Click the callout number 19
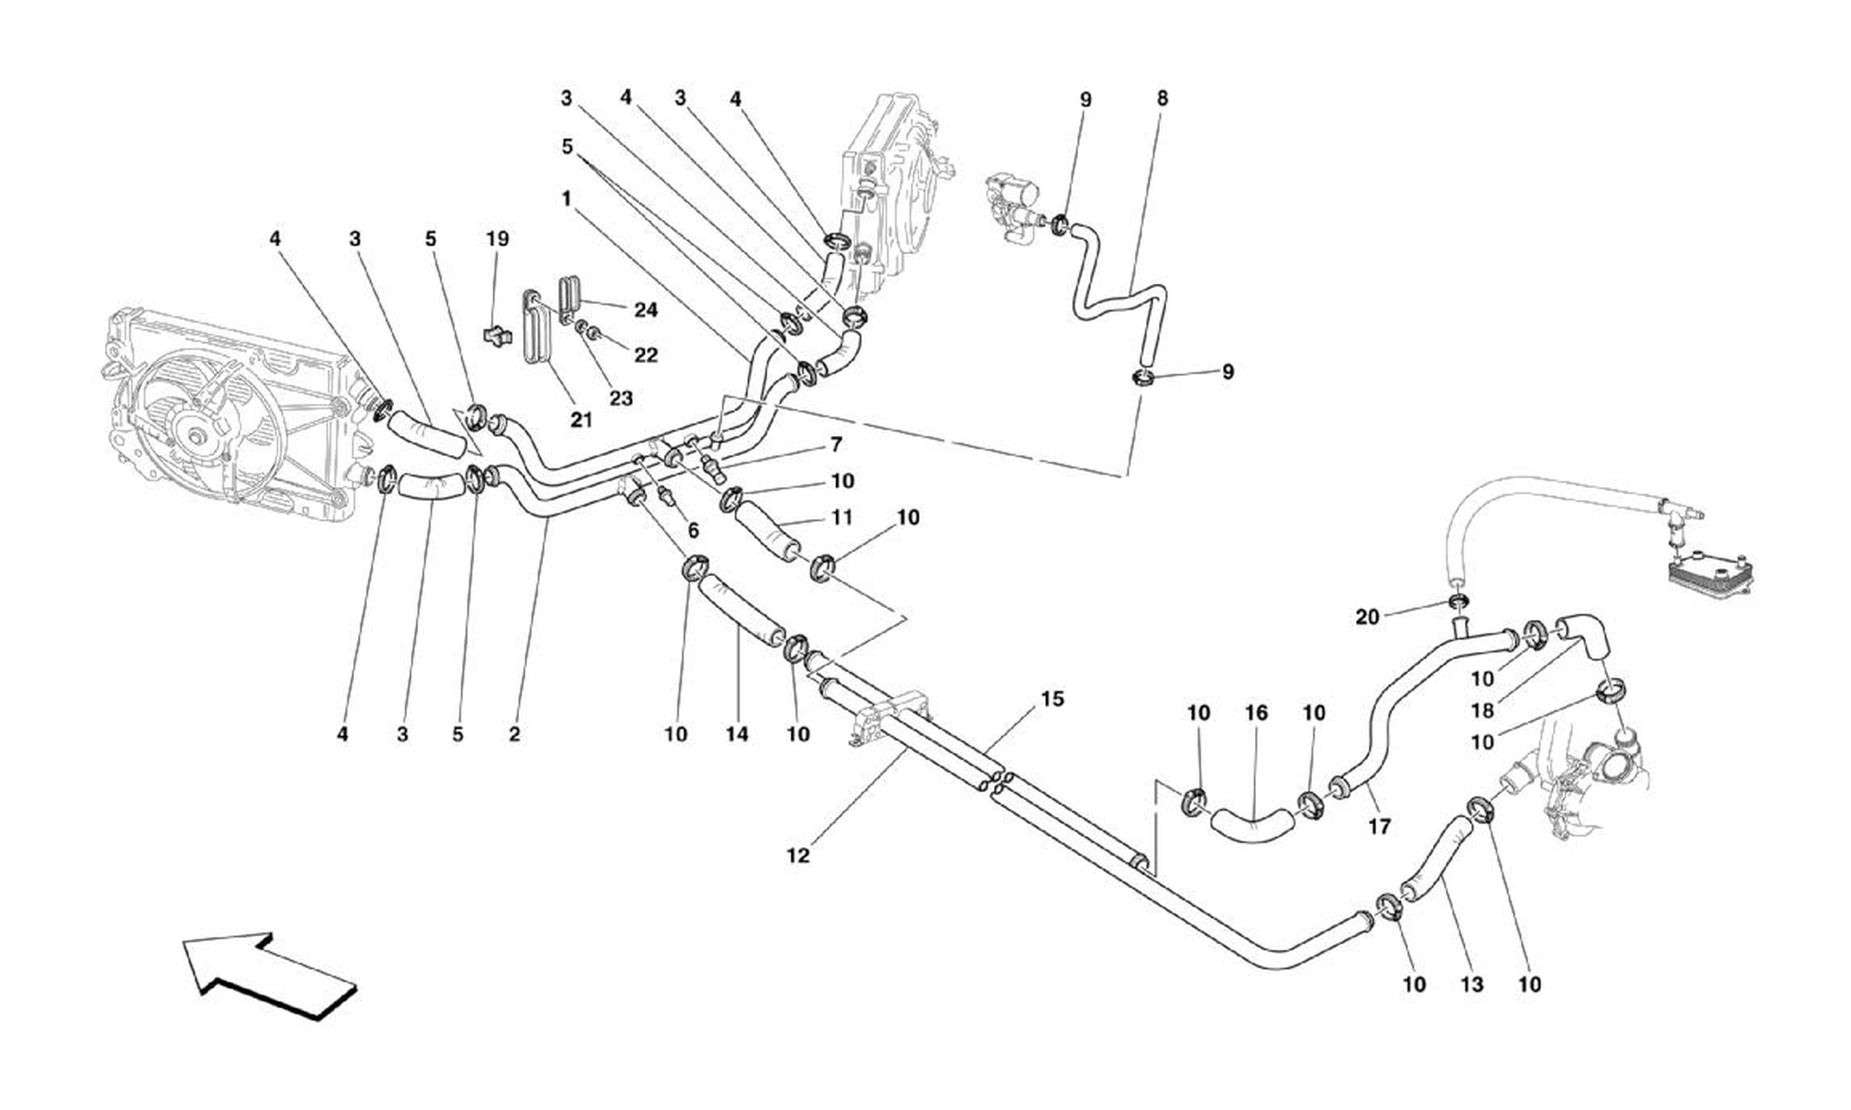pyautogui.click(x=497, y=240)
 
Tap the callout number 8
pyautogui.click(x=1162, y=99)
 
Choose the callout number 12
pyautogui.click(x=798, y=856)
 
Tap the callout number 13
pyautogui.click(x=1472, y=984)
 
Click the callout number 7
pyautogui.click(x=836, y=445)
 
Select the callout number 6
pyautogui.click(x=693, y=531)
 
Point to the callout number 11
pyautogui.click(x=843, y=518)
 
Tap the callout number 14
pyautogui.click(x=737, y=734)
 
